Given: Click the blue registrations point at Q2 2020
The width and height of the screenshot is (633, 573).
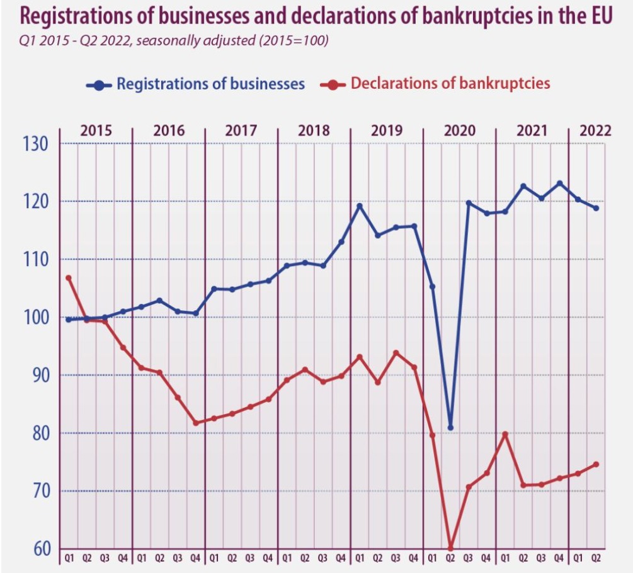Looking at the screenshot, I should [450, 428].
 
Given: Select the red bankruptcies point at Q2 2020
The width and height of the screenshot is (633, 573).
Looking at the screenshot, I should [450, 547].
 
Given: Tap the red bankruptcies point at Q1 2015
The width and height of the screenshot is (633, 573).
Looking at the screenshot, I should [68, 278].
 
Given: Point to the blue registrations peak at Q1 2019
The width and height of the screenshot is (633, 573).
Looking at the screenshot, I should [360, 205].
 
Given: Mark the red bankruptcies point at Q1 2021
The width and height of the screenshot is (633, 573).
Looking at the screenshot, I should [505, 434].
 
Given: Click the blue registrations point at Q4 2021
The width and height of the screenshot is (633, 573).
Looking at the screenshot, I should [559, 183].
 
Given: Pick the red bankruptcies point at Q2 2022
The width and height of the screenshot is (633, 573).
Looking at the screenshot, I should [596, 465].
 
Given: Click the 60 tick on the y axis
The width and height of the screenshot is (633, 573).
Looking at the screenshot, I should [38, 548].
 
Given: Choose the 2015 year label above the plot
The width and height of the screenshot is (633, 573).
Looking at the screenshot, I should [96, 131].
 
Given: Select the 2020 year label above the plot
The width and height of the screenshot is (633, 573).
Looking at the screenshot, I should [459, 131].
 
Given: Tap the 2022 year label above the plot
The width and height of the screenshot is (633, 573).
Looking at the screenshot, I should [595, 131].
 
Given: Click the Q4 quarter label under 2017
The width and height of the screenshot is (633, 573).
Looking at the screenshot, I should [268, 558].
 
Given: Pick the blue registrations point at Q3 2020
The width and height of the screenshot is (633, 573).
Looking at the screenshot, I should [469, 203].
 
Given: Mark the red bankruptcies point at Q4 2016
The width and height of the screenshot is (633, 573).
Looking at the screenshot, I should [195, 423].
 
